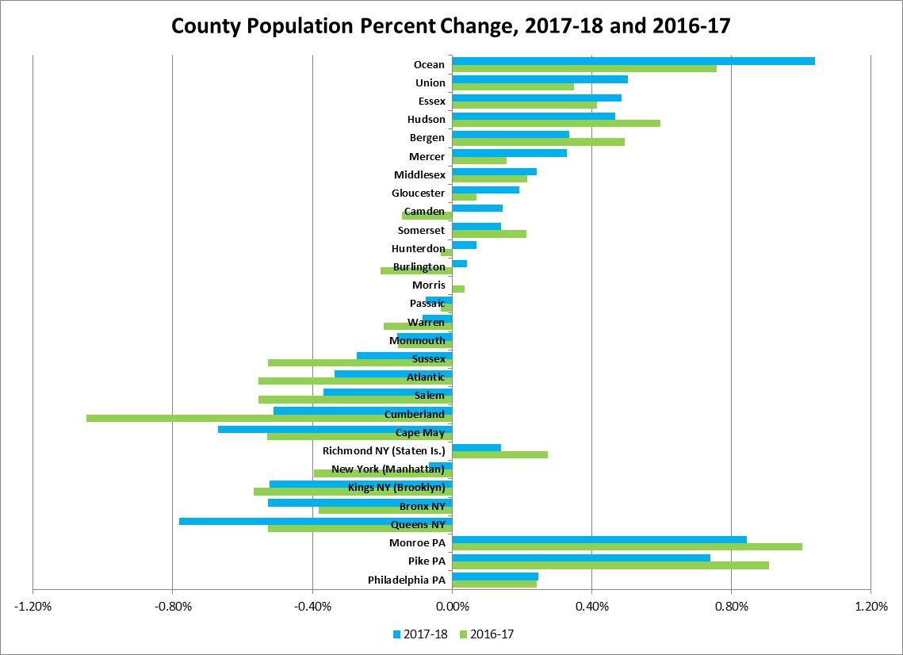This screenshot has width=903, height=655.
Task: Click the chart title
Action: tap(451, 27)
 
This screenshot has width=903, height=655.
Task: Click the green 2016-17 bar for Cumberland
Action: tap(269, 418)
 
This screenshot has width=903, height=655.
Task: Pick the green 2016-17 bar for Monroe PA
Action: tap(626, 546)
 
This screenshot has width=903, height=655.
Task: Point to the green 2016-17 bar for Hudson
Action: tap(556, 123)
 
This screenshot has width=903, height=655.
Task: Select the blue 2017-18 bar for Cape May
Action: tap(335, 429)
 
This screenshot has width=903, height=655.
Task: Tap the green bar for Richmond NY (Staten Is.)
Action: tap(499, 454)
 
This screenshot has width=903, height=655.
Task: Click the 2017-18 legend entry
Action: tap(419, 634)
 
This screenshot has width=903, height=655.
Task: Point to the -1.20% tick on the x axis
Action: tap(33, 607)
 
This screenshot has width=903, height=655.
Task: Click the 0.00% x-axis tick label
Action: tap(452, 607)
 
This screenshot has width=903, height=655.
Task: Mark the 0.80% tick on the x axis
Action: tap(731, 607)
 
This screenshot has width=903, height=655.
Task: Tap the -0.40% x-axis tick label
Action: tap(312, 607)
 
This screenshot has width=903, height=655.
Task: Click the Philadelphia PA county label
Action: tap(407, 580)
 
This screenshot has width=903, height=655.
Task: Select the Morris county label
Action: tap(429, 285)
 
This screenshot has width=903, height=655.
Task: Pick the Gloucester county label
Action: tap(418, 193)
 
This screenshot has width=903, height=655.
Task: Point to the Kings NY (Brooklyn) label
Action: tap(396, 488)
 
